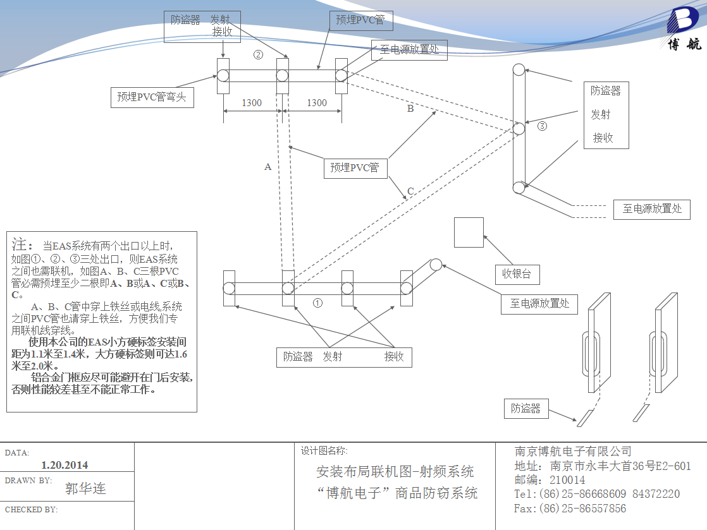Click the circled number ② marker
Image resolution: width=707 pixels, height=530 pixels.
(x=258, y=54)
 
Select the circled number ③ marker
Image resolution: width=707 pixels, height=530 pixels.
(x=542, y=126)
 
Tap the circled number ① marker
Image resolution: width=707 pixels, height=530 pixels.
(x=318, y=303)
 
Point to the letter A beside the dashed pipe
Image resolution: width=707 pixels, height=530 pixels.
(x=268, y=167)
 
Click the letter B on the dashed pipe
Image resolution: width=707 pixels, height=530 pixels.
(x=410, y=109)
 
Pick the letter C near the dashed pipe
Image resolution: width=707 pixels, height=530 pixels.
(x=410, y=191)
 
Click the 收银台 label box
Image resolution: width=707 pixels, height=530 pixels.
(x=517, y=274)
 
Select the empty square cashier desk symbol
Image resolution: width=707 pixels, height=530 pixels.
(x=469, y=232)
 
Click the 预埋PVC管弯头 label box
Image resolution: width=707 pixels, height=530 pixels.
(x=152, y=97)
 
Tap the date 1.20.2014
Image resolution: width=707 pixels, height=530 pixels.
(x=65, y=465)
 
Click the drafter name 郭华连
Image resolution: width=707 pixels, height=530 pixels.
(x=85, y=488)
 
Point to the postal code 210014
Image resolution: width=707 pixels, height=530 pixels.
(x=568, y=480)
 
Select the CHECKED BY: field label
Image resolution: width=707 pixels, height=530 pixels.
(x=32, y=509)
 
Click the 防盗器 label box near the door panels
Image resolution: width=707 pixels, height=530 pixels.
(x=526, y=409)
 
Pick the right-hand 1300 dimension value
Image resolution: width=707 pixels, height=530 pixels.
(x=317, y=103)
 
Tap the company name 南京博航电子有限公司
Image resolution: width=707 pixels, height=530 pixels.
(x=574, y=451)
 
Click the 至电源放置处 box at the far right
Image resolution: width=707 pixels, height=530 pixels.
(x=652, y=209)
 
